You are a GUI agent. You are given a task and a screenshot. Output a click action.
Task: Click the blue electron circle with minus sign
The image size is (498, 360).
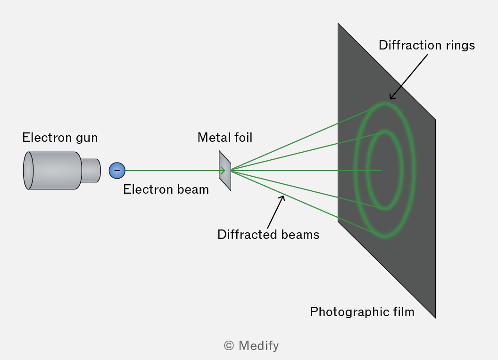click(117, 171)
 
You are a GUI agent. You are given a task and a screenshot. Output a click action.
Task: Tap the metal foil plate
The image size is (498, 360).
click(225, 171)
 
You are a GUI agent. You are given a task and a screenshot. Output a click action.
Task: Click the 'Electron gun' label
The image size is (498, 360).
click(60, 138)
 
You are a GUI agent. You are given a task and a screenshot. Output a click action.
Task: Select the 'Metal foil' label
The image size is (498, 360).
click(225, 138)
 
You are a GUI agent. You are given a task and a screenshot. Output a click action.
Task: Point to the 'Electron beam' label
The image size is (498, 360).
click(166, 189)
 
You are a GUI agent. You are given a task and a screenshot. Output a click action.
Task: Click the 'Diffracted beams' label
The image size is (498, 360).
click(268, 235)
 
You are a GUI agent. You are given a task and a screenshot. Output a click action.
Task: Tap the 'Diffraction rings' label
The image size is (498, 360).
click(427, 45)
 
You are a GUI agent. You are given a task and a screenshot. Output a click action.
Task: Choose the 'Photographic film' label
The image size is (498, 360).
click(362, 312)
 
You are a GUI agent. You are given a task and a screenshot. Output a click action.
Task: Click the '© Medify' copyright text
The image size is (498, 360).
click(251, 346)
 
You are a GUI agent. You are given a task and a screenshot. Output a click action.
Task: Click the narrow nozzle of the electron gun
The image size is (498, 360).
click(91, 171)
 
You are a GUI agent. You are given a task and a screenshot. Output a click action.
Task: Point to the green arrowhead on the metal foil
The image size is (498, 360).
click(223, 171)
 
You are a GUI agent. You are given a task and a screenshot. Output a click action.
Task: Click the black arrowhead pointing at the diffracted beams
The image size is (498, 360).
click(282, 198)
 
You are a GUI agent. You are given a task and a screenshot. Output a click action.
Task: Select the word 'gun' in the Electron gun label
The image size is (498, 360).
click(87, 139)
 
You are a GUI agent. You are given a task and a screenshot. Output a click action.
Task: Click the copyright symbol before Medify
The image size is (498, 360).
click(229, 346)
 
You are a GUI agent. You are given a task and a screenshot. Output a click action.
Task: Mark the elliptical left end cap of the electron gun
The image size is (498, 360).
click(28, 171)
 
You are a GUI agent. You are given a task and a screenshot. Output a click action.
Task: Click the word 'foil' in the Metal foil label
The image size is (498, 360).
click(243, 138)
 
